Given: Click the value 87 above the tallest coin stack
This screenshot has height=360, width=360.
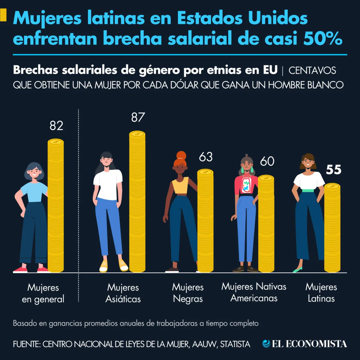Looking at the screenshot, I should pyautogui.click(x=138, y=117).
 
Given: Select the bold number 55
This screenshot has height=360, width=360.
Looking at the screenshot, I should pyautogui.click(x=333, y=170).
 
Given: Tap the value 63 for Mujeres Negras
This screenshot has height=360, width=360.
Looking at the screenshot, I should pyautogui.click(x=206, y=157).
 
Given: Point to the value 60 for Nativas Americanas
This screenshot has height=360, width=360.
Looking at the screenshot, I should pyautogui.click(x=267, y=161).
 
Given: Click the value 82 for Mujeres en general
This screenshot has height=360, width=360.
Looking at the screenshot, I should pyautogui.click(x=56, y=126).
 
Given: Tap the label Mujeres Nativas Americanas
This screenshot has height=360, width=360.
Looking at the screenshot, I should pyautogui.click(x=254, y=292).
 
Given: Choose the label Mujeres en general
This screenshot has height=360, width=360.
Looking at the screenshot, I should pyautogui.click(x=43, y=293).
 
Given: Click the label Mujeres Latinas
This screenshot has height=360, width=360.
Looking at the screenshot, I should pyautogui.click(x=321, y=292).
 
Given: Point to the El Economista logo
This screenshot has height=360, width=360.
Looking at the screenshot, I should pyautogui.click(x=304, y=344).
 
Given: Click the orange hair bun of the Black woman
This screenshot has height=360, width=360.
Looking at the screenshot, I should pyautogui.click(x=181, y=156).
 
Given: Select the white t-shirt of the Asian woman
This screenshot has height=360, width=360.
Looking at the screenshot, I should pyautogui.click(x=108, y=183).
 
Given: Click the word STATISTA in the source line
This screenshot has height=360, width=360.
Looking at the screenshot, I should pyautogui.click(x=235, y=344).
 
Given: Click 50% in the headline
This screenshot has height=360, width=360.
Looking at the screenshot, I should pyautogui.click(x=323, y=39).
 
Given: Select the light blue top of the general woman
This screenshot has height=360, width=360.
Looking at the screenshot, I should pyautogui.click(x=34, y=192).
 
